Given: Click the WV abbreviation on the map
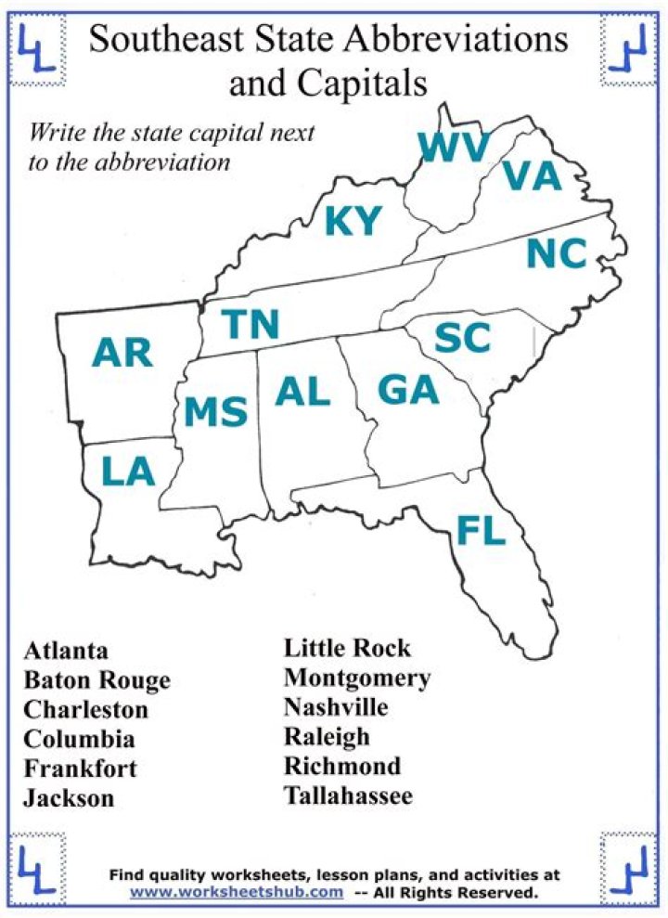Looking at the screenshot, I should (452, 148).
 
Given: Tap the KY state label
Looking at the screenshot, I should (353, 222).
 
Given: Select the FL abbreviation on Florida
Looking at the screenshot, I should (481, 530).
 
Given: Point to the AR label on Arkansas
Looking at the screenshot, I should (122, 353).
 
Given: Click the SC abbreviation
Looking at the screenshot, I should (462, 339).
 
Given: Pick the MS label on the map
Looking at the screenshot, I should (215, 411).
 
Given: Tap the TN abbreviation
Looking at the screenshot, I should (250, 325).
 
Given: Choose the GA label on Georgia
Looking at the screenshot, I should (407, 391).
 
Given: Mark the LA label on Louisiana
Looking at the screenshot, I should (128, 472).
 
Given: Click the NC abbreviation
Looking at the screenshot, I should (557, 254).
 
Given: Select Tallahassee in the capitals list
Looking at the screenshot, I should (348, 795).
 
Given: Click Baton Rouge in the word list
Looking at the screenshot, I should (97, 680).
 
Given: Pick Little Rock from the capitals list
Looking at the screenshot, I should (347, 648).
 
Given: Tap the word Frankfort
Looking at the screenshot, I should (81, 769).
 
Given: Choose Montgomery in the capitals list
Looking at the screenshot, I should (357, 678).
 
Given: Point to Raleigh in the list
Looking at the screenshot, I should (327, 737).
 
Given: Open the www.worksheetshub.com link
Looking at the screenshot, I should (237, 892).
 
